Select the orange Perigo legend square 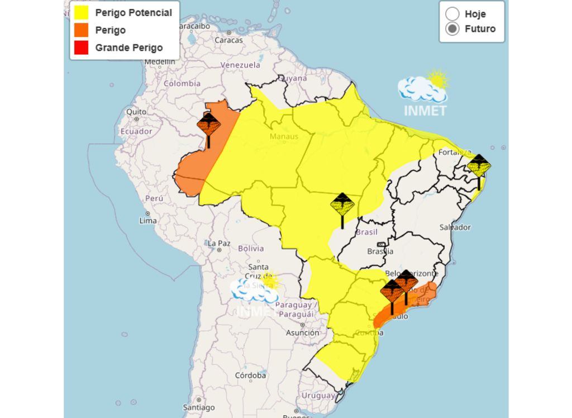(81, 30)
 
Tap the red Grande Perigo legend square (81, 47)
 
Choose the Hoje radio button (452, 14)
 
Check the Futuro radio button (452, 29)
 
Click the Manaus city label (284, 136)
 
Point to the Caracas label (229, 40)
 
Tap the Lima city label (148, 220)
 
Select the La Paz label (219, 243)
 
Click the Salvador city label (455, 227)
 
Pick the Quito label (136, 112)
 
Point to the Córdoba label (250, 375)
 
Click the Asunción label (302, 332)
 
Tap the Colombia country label (182, 83)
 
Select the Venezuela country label (240, 65)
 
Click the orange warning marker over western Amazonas (208, 125)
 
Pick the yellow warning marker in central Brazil (342, 206)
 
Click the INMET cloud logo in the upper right (425, 92)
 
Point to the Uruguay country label (318, 396)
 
